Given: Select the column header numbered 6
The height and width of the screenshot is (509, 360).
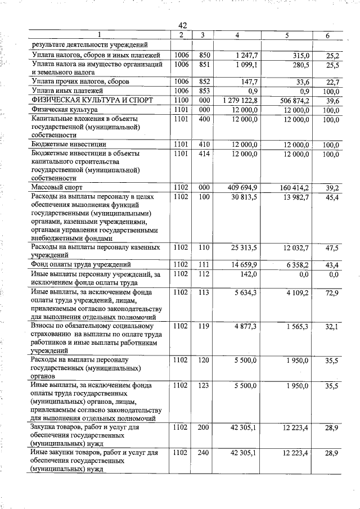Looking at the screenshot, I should coord(328,35).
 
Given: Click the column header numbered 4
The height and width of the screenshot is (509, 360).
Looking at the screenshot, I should coord(237,35).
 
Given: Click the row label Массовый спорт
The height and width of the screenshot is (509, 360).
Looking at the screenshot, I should coord(57,187).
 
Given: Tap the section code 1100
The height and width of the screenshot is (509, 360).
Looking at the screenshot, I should coord(181,100).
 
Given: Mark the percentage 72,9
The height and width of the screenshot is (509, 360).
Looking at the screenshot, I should coord(332,293).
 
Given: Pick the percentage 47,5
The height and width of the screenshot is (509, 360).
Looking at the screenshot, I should coord(332,247).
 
